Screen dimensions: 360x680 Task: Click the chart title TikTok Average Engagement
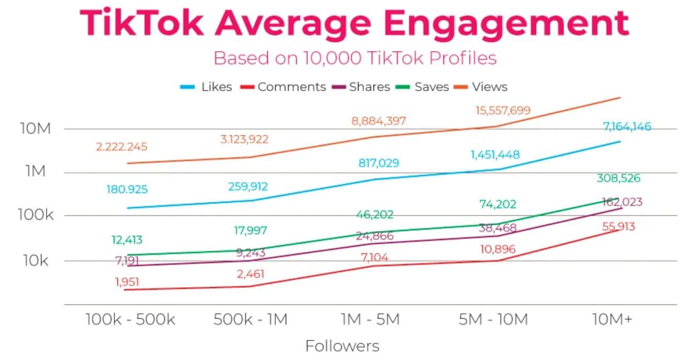(x=354, y=24)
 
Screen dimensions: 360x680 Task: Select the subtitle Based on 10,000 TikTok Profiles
(x=355, y=58)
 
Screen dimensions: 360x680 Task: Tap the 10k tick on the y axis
(x=36, y=260)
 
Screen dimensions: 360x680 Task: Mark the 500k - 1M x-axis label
(x=250, y=320)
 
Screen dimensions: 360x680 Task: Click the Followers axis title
(x=342, y=346)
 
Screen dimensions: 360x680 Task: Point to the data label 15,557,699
(x=495, y=111)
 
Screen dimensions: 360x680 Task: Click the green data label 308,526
(x=618, y=178)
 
